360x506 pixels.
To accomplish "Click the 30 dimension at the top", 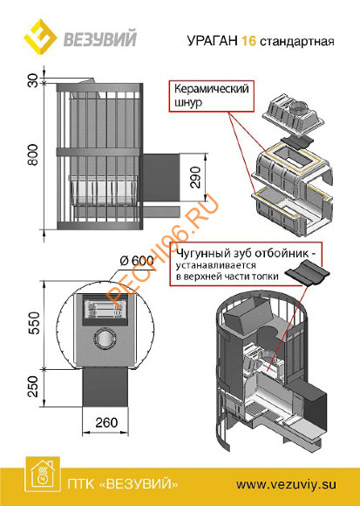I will [x=33, y=81].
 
